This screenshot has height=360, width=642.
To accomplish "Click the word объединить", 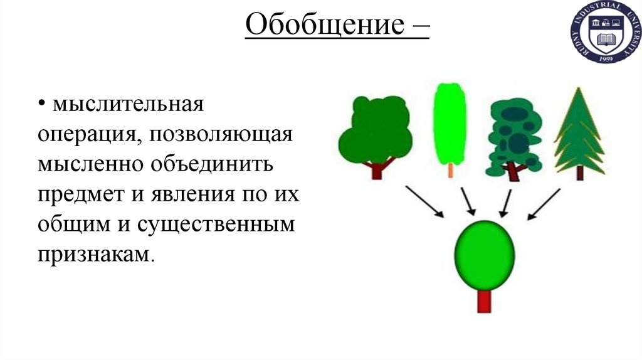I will point(212,164).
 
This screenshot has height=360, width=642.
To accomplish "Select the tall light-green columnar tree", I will point(450,122).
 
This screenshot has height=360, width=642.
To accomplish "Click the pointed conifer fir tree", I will point(578,132).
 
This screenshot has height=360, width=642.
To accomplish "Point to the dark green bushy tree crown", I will point(376,129).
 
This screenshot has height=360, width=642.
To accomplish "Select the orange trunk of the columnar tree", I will point(451,170).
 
